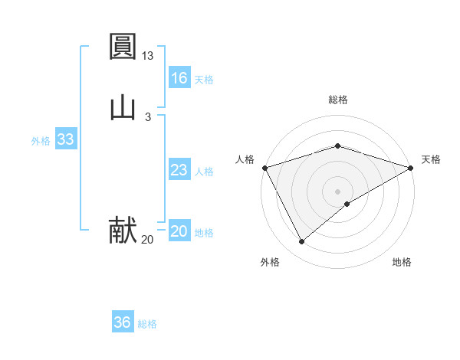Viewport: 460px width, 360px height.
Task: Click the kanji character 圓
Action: [123, 47]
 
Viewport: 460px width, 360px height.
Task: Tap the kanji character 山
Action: [123, 106]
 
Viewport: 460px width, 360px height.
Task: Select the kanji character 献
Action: [123, 230]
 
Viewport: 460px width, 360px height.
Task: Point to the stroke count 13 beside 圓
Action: [148, 56]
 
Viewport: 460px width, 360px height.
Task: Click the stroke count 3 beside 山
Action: [148, 116]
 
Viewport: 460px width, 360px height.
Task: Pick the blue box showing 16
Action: [179, 78]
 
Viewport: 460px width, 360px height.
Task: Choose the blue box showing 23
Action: [179, 170]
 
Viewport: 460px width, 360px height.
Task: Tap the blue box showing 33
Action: [65, 139]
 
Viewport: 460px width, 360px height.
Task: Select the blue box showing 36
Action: [122, 322]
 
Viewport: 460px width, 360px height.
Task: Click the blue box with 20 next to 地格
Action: [179, 231]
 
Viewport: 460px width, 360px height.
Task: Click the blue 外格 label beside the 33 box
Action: [41, 141]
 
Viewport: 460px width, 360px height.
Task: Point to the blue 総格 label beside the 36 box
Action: [147, 324]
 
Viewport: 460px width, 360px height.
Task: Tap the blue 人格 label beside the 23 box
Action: [205, 172]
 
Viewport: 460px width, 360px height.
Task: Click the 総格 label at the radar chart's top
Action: [338, 100]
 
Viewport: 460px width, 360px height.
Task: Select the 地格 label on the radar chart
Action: [402, 263]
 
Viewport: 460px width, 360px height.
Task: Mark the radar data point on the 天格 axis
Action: [411, 167]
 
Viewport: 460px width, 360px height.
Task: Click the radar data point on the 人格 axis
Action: [264, 167]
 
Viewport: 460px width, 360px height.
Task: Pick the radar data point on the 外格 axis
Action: [301, 242]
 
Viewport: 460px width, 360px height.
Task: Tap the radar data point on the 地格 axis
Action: [347, 204]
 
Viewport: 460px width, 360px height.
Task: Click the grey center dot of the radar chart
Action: [338, 191]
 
